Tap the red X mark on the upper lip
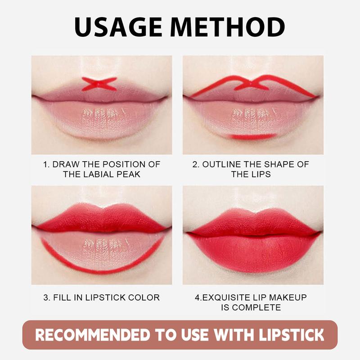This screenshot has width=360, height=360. [99, 84]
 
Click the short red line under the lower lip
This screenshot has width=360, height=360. [252, 136]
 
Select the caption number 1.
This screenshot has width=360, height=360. [45, 164]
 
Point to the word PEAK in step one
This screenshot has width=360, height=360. [129, 174]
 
